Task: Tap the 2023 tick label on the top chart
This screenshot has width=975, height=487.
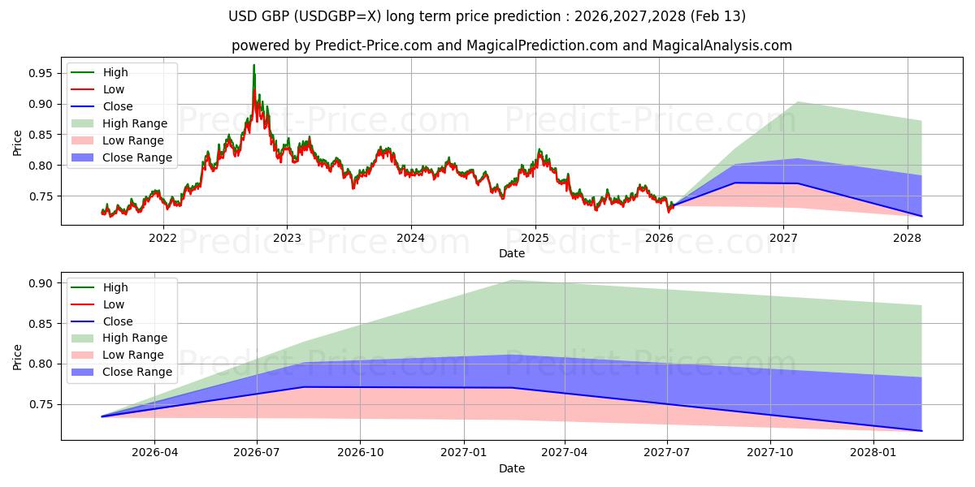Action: pyautogui.click(x=287, y=238)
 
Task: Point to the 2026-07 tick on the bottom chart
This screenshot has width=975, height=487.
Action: pyautogui.click(x=257, y=452)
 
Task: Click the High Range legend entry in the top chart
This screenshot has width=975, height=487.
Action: pyautogui.click(x=134, y=123)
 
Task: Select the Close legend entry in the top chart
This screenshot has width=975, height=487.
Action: pyautogui.click(x=118, y=106)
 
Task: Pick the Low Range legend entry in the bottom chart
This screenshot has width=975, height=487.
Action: pyautogui.click(x=132, y=355)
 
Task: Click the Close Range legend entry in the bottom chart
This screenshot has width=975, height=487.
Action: pyautogui.click(x=136, y=372)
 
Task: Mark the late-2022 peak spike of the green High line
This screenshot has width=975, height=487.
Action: pyautogui.click(x=253, y=65)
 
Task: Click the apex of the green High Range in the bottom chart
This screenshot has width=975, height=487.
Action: pyautogui.click(x=511, y=280)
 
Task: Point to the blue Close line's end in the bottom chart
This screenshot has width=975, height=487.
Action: pyautogui.click(x=921, y=430)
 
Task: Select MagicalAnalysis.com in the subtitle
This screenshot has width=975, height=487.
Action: pyautogui.click(x=723, y=45)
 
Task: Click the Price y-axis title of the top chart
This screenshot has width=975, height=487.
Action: pyautogui.click(x=18, y=143)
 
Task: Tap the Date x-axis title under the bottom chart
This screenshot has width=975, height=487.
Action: pyautogui.click(x=511, y=468)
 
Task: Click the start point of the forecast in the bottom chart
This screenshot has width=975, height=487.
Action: pyautogui.click(x=102, y=416)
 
